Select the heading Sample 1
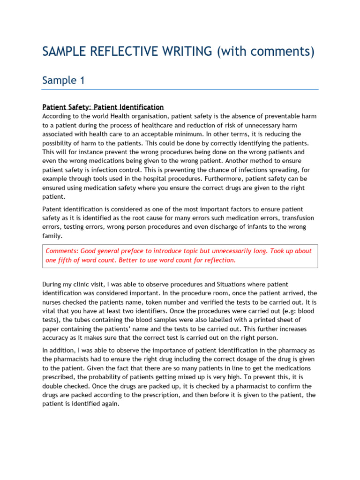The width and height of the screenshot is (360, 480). tap(63, 80)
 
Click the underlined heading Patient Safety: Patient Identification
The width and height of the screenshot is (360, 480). tap(103, 107)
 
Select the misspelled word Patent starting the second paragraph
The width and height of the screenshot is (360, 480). tap(52, 209)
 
